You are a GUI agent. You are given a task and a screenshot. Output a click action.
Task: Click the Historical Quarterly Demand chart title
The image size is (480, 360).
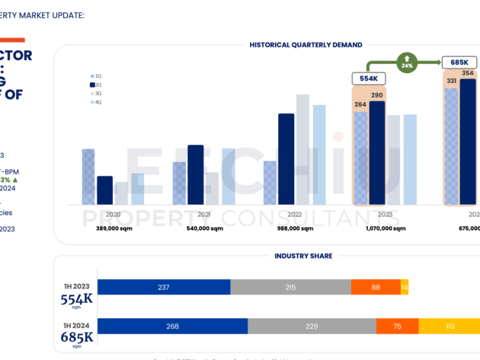[x=306, y=44]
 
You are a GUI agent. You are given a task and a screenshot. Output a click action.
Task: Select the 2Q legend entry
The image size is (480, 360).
[x=98, y=85]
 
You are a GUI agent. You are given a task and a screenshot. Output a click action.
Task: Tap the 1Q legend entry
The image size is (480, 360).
[x=98, y=76]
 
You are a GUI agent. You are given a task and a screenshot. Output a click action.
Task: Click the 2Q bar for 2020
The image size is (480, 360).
[x=105, y=190]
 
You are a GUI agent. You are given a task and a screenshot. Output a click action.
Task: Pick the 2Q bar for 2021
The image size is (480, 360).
[x=196, y=175]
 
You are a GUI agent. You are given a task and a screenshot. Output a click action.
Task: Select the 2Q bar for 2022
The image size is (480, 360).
[x=286, y=159]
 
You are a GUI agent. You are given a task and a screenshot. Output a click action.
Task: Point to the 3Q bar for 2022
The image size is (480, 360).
[x=303, y=149]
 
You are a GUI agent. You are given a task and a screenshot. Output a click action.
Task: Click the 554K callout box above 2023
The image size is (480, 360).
[x=368, y=79]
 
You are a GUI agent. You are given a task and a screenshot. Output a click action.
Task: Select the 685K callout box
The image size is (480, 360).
[x=459, y=62]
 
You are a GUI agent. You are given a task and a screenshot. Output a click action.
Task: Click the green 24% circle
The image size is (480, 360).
[x=407, y=62]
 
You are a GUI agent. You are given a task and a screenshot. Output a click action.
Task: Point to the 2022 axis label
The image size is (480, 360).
[x=294, y=214]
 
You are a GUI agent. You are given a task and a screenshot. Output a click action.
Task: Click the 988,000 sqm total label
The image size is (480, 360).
[x=294, y=228]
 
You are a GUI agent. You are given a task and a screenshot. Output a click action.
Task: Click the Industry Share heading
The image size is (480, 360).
[x=303, y=256]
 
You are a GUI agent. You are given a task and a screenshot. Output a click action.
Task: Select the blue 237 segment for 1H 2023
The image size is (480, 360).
[x=164, y=287]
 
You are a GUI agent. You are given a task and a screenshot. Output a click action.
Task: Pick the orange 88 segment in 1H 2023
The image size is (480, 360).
[x=376, y=287]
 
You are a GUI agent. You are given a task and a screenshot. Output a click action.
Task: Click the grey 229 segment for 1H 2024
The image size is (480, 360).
[x=311, y=326]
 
